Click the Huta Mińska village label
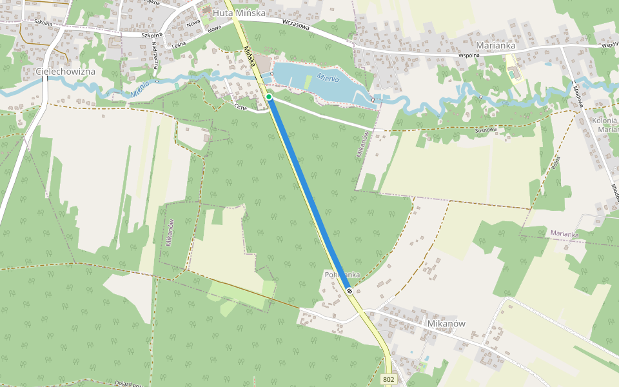239,13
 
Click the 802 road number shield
388,380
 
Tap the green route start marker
269,97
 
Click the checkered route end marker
349,291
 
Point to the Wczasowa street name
296,25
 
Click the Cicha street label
241,106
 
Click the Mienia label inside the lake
328,79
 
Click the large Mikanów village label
446,323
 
